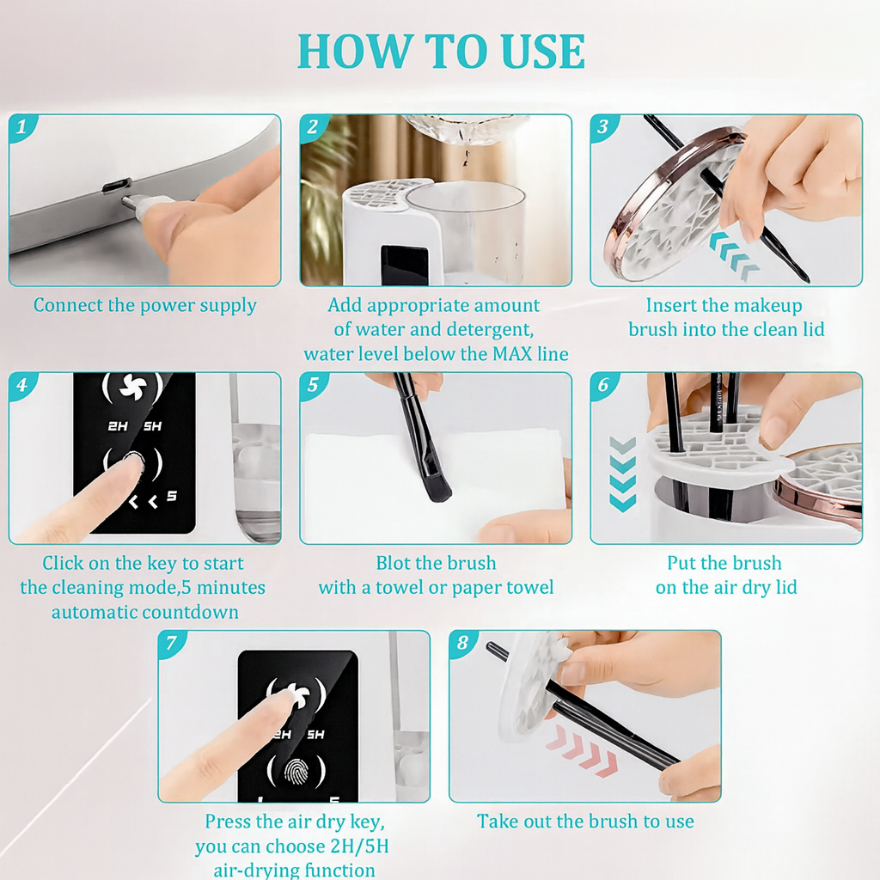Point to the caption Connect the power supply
[x=144, y=306]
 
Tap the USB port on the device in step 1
[x=116, y=185]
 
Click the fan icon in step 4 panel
[x=131, y=388]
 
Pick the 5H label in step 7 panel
[x=315, y=735]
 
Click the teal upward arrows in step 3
[x=735, y=256]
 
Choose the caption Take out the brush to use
[x=585, y=822]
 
